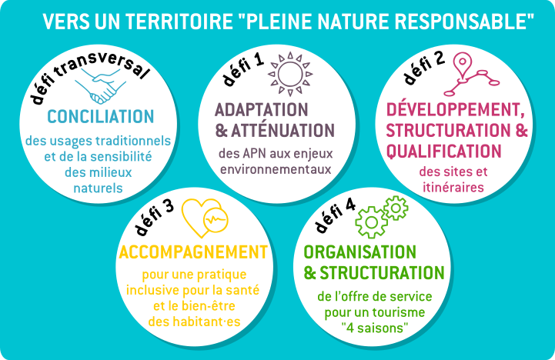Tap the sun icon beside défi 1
(x=290, y=74)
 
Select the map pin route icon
(x=471, y=75)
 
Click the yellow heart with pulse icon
(x=205, y=218)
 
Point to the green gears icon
(x=382, y=216)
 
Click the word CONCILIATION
(x=101, y=117)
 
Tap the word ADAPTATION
(x=261, y=110)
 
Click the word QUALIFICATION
(x=443, y=152)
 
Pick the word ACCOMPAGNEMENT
(x=193, y=252)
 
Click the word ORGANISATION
(x=360, y=252)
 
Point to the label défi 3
(x=154, y=216)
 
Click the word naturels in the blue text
(x=98, y=188)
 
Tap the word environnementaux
(x=276, y=169)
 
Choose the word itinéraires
(x=453, y=187)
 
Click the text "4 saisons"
(x=375, y=328)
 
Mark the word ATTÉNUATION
(x=283, y=131)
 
